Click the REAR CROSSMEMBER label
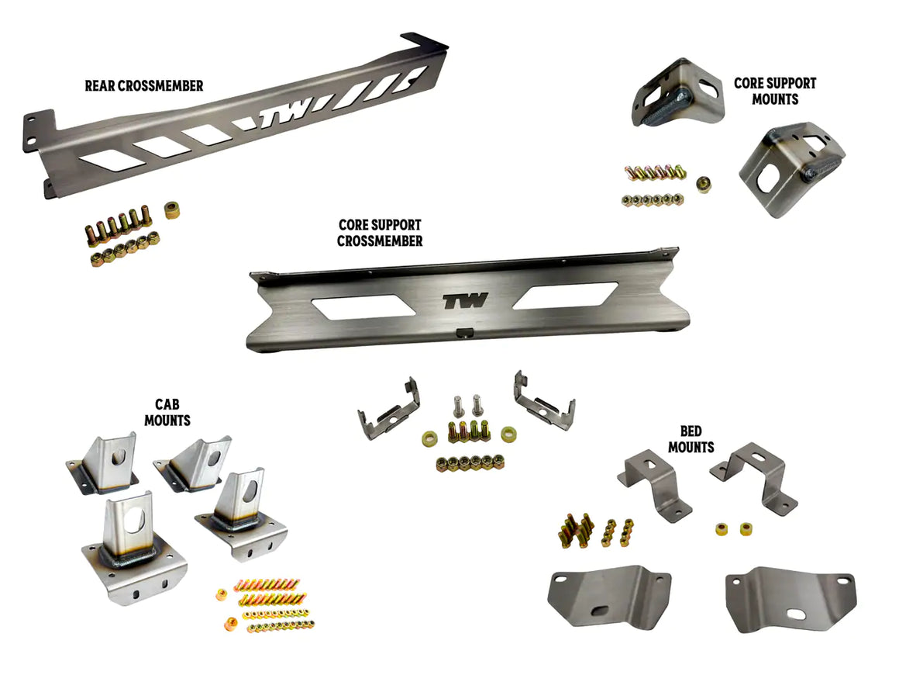tap(144, 86)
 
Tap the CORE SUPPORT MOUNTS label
tap(775, 92)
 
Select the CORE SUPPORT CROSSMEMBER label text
tap(380, 233)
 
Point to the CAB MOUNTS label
tap(167, 413)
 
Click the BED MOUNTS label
tap(691, 439)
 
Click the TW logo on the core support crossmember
tap(465, 301)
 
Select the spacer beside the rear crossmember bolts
tap(172, 210)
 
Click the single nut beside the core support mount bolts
tap(704, 184)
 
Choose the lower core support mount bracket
tap(791, 169)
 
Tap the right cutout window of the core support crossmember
tap(565, 295)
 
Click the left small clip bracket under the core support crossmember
tap(389, 410)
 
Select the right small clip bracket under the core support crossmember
tap(544, 400)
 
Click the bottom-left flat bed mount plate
tap(609, 597)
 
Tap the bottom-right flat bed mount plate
tap(791, 600)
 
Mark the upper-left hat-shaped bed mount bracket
tap(654, 483)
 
